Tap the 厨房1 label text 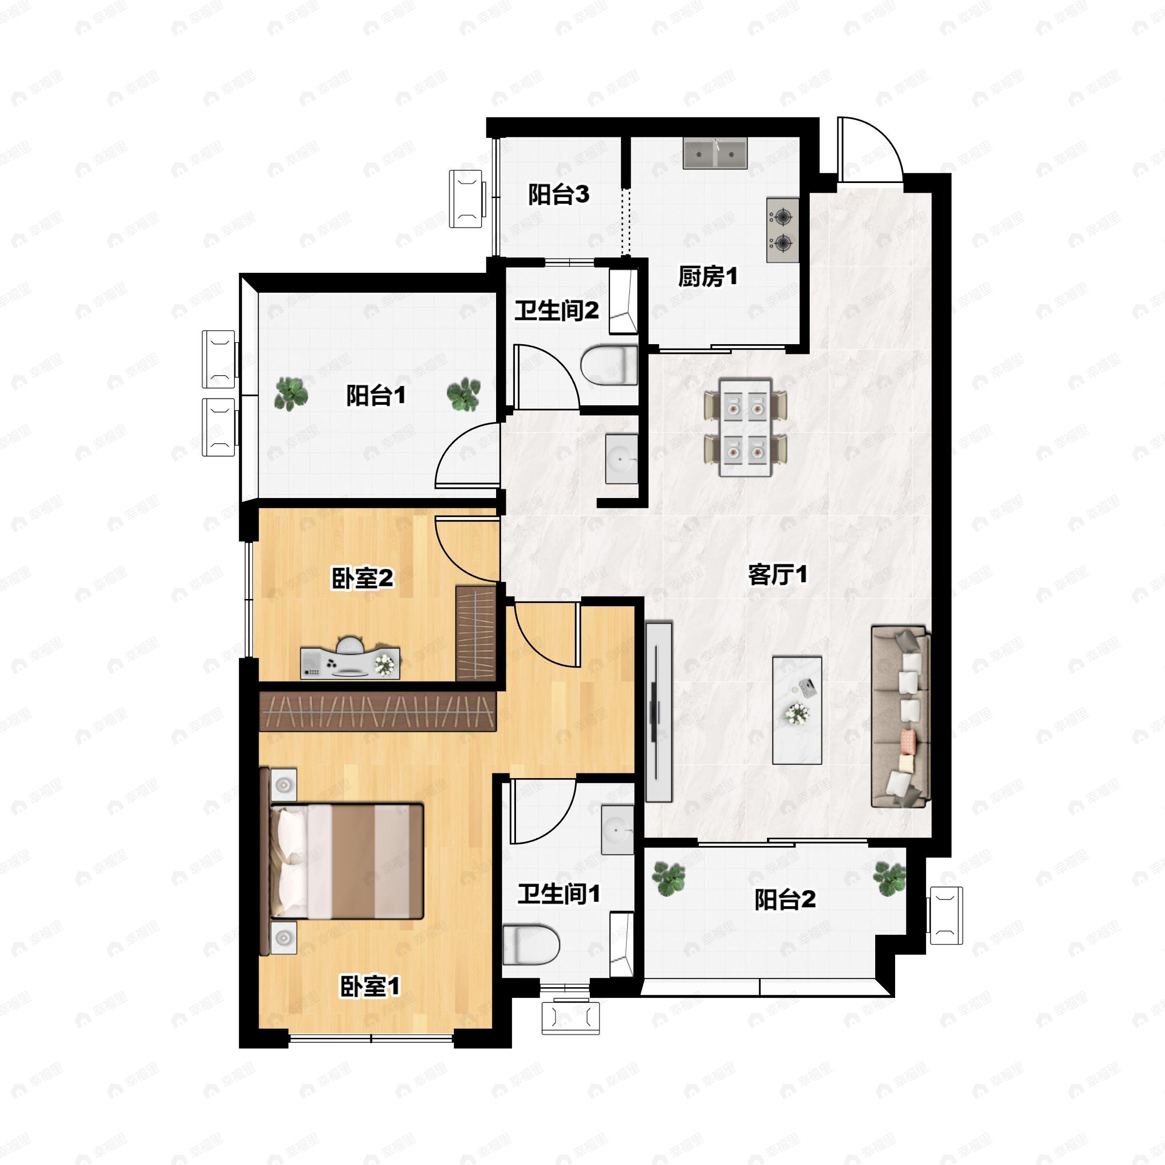point(707,277)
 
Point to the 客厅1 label point(777,575)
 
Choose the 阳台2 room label point(784,899)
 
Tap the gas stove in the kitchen point(782,230)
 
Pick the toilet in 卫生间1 point(531,944)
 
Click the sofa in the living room point(901,716)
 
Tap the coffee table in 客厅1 point(797,710)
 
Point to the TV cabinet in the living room point(659,712)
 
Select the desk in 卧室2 point(349,658)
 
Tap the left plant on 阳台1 point(291,394)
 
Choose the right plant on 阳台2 point(889,878)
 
